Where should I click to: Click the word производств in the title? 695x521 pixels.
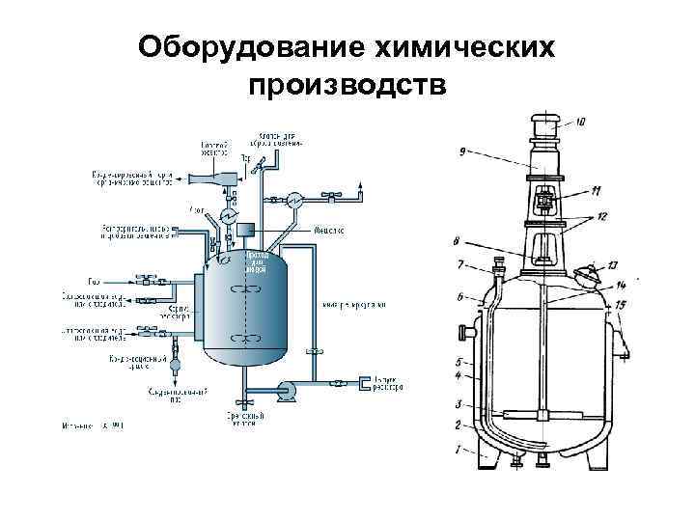(x=347, y=85)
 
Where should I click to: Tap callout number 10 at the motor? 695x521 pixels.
(x=580, y=123)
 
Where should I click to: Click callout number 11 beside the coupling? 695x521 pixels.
(x=595, y=189)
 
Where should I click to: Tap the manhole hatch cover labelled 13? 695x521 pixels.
(x=586, y=276)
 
